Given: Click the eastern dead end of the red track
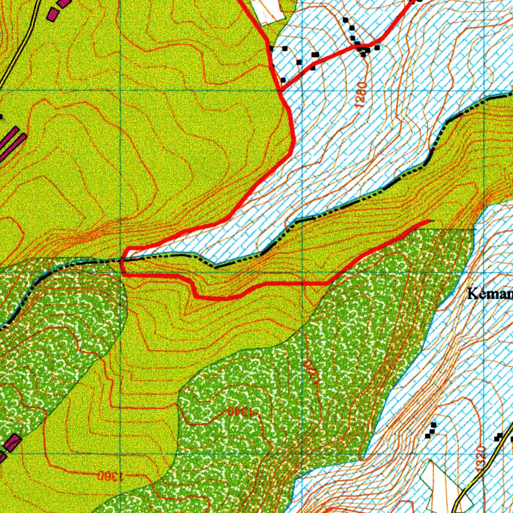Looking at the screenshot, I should pyautogui.click(x=429, y=220).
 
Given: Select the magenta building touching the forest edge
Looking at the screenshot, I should pyautogui.click(x=11, y=443).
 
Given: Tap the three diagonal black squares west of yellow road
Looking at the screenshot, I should pyautogui.click(x=430, y=430).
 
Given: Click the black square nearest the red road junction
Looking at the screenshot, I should pyautogui.click(x=283, y=80).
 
